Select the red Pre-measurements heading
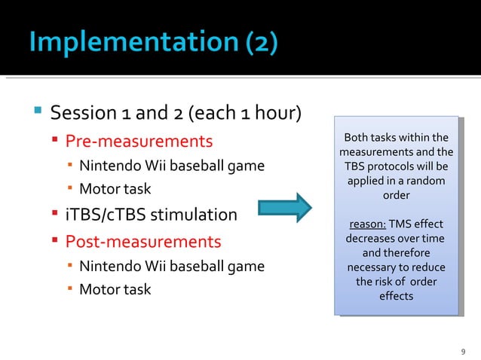coord(139,141)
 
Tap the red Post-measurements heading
coord(142,242)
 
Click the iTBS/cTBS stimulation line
coord(151,215)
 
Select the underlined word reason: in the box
coord(367,224)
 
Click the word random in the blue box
coord(426,181)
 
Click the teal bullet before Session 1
coord(37,113)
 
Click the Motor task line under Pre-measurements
coord(115,188)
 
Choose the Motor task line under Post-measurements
coord(115,289)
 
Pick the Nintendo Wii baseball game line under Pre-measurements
coord(172,166)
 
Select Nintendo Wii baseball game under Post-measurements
coord(172,266)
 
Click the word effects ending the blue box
coord(396,296)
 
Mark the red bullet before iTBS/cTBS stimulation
coord(56,215)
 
